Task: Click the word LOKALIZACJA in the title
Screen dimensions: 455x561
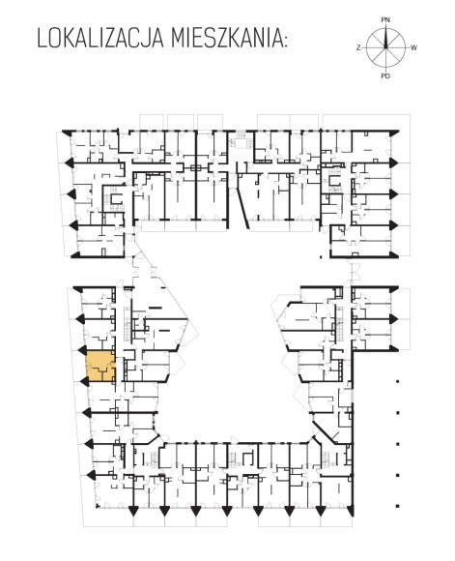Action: pos(101,39)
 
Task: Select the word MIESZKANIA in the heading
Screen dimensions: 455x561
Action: pos(224,39)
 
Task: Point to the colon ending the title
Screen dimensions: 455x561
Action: pos(285,42)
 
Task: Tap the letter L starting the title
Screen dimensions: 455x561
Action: pos(42,39)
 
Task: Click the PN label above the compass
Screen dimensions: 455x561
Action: pos(385,20)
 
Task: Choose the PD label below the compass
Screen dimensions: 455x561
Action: pos(385,75)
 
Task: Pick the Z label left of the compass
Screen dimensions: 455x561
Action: pos(358,47)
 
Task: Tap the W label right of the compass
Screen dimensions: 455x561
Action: pos(413,47)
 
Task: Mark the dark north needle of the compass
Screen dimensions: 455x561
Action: pos(385,38)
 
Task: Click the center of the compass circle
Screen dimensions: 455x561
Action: pos(385,47)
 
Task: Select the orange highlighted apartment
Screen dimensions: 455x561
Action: pos(100,366)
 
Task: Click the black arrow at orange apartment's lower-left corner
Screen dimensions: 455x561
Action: pos(84,381)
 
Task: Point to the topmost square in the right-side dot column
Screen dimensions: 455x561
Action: pos(397,381)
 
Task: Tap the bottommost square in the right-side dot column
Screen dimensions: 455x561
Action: pos(397,506)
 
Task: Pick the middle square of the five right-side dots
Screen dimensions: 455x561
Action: pos(397,444)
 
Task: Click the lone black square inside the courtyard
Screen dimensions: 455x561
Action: pos(321,256)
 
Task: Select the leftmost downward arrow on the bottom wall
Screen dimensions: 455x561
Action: pos(133,511)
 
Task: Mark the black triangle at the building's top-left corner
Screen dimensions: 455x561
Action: pos(67,133)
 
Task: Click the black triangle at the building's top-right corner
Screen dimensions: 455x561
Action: pos(394,133)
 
